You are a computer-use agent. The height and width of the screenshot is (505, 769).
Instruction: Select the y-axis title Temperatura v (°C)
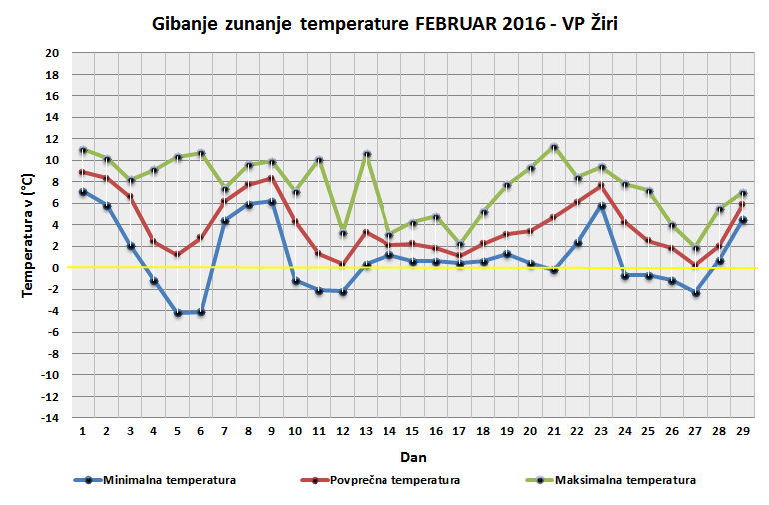point(30,236)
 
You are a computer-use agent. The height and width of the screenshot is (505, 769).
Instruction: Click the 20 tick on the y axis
point(52,53)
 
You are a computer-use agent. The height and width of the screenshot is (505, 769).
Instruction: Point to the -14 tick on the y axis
point(49,418)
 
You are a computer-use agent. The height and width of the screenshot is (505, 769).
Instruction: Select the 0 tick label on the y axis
point(56,268)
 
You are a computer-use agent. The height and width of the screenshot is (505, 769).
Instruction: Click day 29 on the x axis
point(742,430)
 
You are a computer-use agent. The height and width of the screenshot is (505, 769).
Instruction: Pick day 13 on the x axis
point(366,430)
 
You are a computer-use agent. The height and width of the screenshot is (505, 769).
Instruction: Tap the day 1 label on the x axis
point(82,430)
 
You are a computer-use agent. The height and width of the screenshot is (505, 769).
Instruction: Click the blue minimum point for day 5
point(178,313)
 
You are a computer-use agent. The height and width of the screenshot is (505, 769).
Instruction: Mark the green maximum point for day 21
point(554,148)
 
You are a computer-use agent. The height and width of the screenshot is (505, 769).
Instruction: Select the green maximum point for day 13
point(367,155)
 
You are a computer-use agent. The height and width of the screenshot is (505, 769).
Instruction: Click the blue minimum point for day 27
point(696,293)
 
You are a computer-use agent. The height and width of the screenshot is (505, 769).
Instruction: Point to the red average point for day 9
point(272,178)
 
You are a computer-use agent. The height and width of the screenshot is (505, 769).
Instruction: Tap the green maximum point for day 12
point(343,234)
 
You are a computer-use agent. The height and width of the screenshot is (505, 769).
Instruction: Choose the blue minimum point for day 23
point(602,206)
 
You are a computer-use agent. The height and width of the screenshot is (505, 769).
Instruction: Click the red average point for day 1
point(83,172)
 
